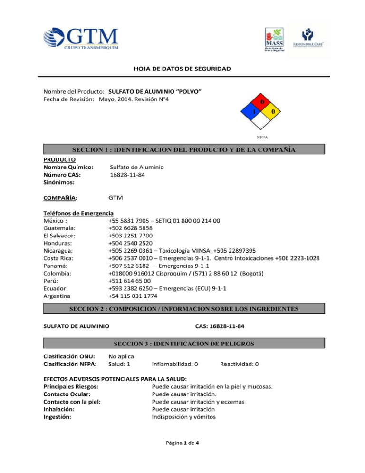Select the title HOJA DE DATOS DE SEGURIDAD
point(182,69)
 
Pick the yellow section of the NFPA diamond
point(273,112)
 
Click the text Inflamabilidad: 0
point(174,364)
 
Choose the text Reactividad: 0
point(239,364)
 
